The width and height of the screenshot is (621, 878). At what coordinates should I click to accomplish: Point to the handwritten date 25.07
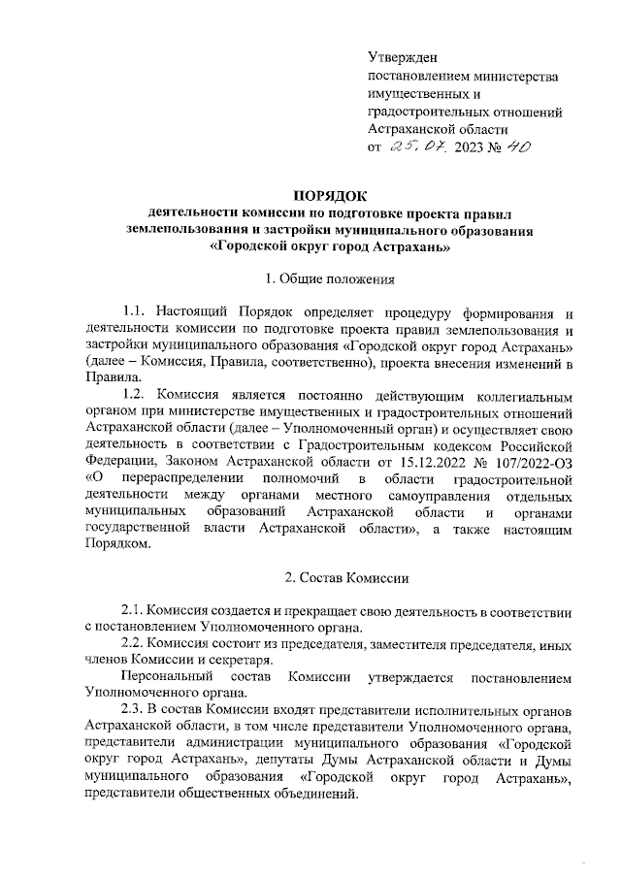point(417,146)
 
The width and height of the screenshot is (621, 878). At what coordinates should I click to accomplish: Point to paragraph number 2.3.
point(133,710)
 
